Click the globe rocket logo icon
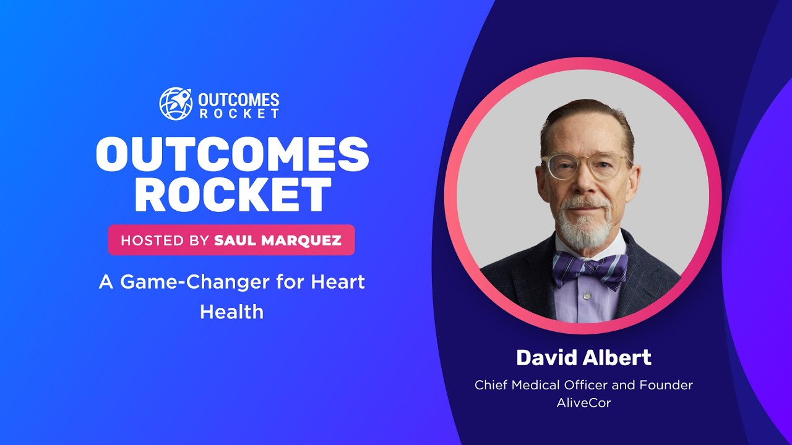[x=176, y=103]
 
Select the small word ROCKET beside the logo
[x=239, y=113]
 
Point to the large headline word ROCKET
[x=232, y=195]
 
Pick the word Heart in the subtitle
[x=337, y=282]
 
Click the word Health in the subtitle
[x=231, y=311]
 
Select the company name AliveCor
[x=583, y=403]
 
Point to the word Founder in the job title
[x=667, y=385]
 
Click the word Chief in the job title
[x=492, y=385]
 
